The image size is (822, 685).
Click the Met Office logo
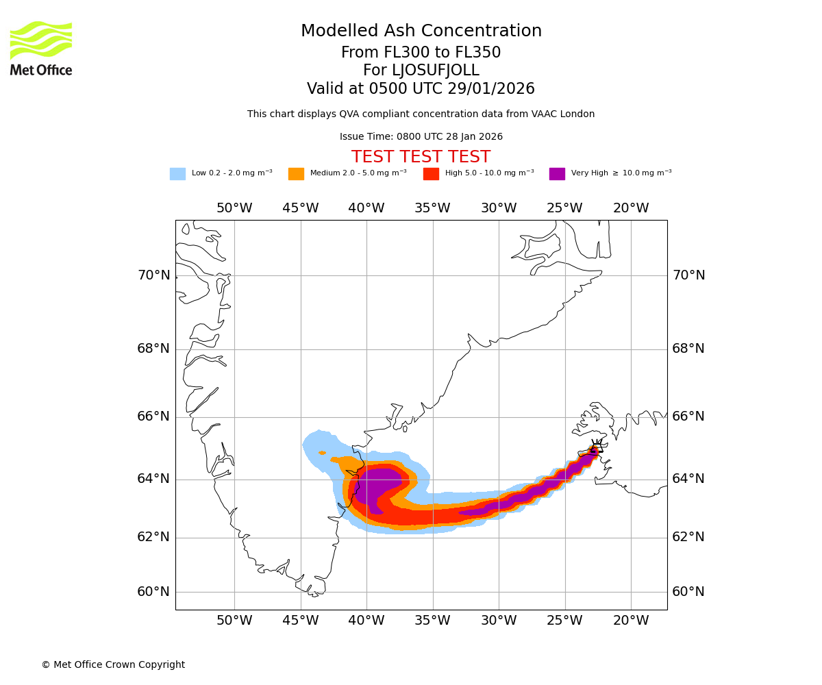pyautogui.click(x=41, y=48)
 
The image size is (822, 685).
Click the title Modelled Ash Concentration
pyautogui.click(x=421, y=32)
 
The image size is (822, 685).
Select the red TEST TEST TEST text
pyautogui.click(x=421, y=158)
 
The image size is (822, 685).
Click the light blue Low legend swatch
pyautogui.click(x=177, y=174)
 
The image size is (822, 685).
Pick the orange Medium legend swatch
pyautogui.click(x=296, y=174)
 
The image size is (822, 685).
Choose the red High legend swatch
pyautogui.click(x=431, y=174)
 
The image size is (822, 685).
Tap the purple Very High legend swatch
pyautogui.click(x=557, y=174)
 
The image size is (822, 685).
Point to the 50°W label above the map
pyautogui.click(x=234, y=208)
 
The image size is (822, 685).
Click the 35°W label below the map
pyautogui.click(x=432, y=621)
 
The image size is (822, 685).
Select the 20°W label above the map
pyautogui.click(x=631, y=208)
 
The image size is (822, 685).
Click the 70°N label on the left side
pyautogui.click(x=153, y=275)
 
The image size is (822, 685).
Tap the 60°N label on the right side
pyautogui.click(x=688, y=592)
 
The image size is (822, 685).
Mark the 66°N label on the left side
pyautogui.click(x=153, y=416)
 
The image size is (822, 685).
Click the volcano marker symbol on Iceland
pyautogui.click(x=594, y=450)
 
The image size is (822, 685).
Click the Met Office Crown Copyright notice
pyautogui.click(x=113, y=665)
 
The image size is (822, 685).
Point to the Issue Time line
pyautogui.click(x=421, y=137)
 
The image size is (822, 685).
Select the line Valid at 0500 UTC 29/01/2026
pyautogui.click(x=421, y=89)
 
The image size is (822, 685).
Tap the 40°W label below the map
pyautogui.click(x=366, y=621)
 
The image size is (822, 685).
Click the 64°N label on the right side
pyautogui.click(x=688, y=479)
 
